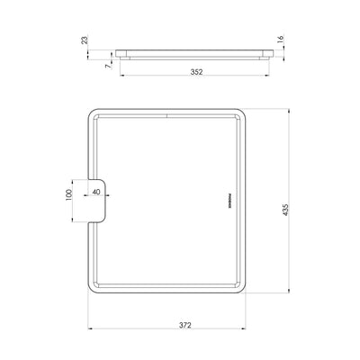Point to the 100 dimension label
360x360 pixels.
click(x=67, y=195)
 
